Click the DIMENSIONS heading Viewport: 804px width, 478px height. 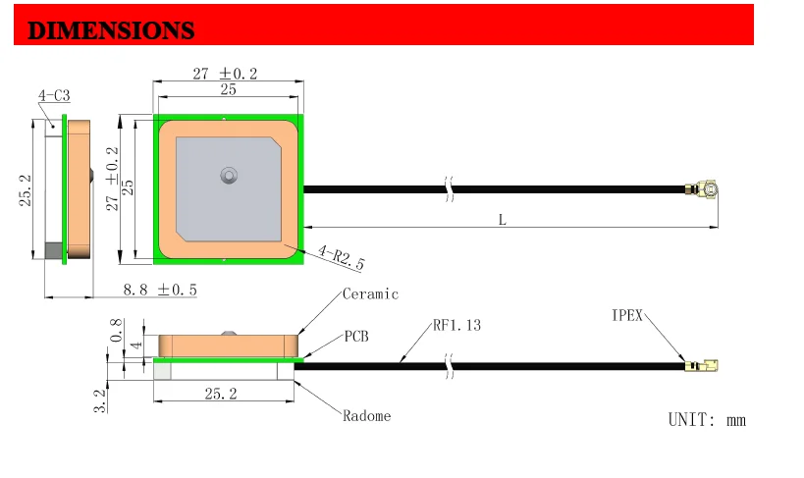pyautogui.click(x=111, y=30)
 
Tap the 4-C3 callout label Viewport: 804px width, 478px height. pyautogui.click(x=54, y=95)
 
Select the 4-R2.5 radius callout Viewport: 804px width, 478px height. pyautogui.click(x=341, y=257)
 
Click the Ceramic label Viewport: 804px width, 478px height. pyautogui.click(x=370, y=293)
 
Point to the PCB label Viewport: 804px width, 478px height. pyautogui.click(x=355, y=337)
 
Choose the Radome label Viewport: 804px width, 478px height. pyautogui.click(x=366, y=415)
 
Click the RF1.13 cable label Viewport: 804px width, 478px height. pyautogui.click(x=456, y=325)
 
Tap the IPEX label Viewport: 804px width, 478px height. pyautogui.click(x=627, y=315)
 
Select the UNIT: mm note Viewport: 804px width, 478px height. pyautogui.click(x=707, y=420)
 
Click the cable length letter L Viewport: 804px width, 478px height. pyautogui.click(x=503, y=220)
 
